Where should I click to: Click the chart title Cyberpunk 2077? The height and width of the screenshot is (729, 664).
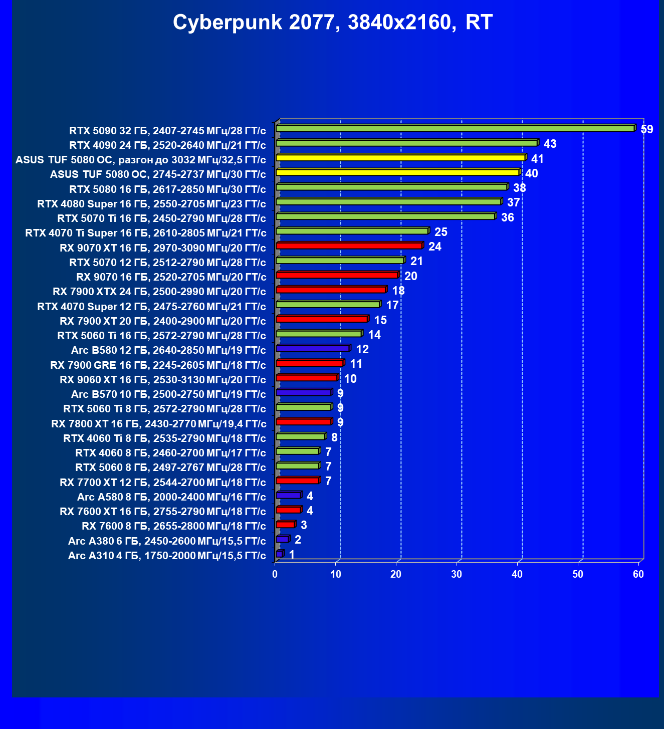pos(332,23)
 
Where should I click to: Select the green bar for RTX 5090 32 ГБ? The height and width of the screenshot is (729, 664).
pos(455,129)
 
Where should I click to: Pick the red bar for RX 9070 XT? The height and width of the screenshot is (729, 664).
pos(349,246)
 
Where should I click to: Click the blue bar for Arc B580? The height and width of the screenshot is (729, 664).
pos(313,348)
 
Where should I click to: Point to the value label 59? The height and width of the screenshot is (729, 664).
pos(647,129)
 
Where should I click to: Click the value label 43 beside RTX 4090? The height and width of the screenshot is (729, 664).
pos(550,144)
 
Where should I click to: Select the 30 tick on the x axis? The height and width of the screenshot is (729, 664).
pos(457,574)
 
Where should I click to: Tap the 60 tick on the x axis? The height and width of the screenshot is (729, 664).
pos(638,574)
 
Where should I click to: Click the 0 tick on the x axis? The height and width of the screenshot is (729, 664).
pos(275,574)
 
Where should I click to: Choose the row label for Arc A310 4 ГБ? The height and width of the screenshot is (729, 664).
pos(167,555)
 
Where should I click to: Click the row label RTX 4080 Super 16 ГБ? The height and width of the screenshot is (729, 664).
pos(151,204)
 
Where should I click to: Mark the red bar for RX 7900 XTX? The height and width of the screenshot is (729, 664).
pos(331,290)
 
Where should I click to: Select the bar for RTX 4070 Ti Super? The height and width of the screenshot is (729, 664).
pos(352,231)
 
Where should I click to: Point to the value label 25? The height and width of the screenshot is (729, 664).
pos(440,232)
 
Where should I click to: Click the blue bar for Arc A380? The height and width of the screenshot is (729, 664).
pos(282,539)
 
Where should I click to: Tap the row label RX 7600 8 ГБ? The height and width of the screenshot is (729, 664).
pos(173,526)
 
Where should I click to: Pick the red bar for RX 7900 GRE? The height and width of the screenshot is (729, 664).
pos(309,363)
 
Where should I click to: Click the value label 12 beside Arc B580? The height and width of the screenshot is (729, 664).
pos(362,349)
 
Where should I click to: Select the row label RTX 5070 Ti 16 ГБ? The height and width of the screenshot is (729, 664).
pos(161,218)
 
